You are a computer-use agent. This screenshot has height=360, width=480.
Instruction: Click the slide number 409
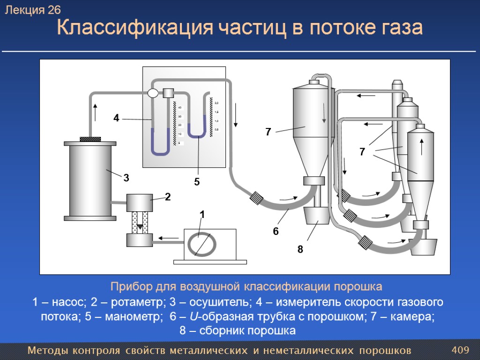(x=460, y=350)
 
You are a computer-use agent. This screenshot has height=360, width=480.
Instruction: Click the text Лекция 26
(x=33, y=10)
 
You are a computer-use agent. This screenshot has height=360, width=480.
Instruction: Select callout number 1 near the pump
(x=202, y=215)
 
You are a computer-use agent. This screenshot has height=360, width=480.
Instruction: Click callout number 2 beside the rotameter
(x=167, y=197)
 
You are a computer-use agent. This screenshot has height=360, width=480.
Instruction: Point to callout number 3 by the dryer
(x=126, y=178)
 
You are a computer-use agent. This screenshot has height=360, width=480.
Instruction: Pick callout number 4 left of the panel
(x=116, y=119)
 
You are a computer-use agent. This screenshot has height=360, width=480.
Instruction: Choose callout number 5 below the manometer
(x=197, y=182)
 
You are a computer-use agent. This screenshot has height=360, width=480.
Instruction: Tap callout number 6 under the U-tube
(x=276, y=231)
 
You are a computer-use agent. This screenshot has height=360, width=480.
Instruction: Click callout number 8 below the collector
(x=300, y=250)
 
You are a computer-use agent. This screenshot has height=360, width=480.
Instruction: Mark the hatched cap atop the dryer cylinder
(x=90, y=139)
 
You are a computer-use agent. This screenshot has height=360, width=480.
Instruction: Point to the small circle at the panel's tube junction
(x=153, y=93)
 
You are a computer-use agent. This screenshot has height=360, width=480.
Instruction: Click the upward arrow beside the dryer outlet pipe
(x=95, y=112)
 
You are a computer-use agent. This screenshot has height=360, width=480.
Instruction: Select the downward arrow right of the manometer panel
(x=236, y=115)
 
